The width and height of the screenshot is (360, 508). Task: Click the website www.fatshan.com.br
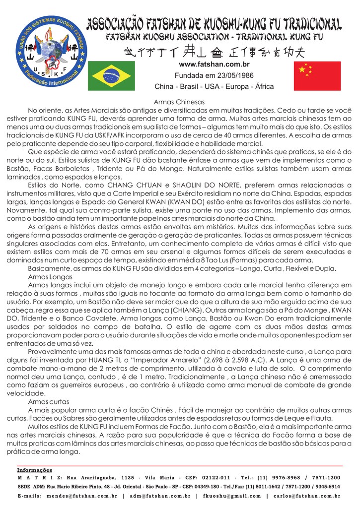214,64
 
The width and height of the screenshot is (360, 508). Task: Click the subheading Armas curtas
49,402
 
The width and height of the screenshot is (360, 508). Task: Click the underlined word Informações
34,470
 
